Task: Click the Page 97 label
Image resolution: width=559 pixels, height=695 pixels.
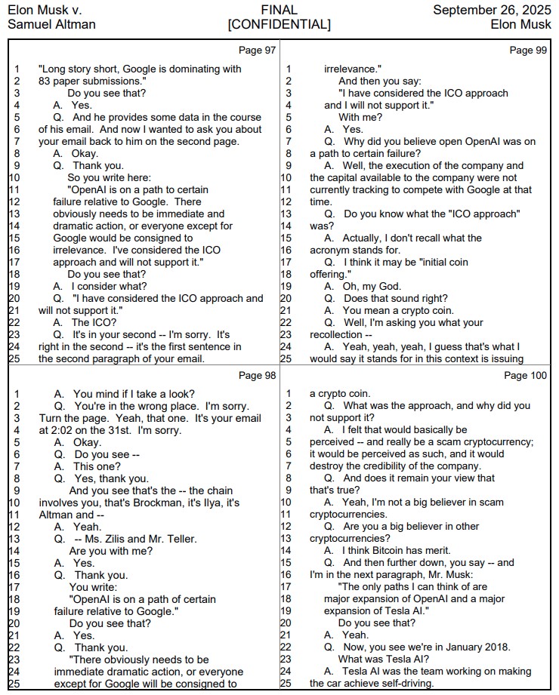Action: tap(257, 51)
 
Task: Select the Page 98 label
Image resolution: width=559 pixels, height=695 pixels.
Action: tap(257, 375)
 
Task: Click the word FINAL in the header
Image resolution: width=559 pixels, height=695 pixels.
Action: tap(279, 11)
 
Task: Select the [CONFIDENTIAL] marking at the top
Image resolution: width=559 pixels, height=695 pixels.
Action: tap(279, 25)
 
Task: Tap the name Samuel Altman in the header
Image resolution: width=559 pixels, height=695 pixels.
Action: tap(51, 25)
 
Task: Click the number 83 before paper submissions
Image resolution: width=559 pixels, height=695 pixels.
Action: tap(45, 81)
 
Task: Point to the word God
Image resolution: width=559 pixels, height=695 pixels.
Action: tap(393, 286)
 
